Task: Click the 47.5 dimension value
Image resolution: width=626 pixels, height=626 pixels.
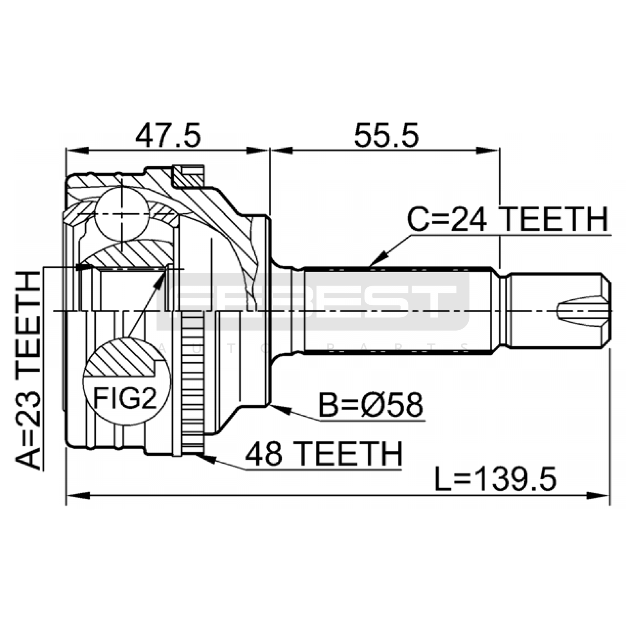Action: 168,135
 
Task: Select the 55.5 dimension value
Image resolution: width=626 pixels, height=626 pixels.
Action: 386,135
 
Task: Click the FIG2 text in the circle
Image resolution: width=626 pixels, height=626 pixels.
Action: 125,398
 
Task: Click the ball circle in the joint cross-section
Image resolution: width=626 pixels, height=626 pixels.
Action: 122,214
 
